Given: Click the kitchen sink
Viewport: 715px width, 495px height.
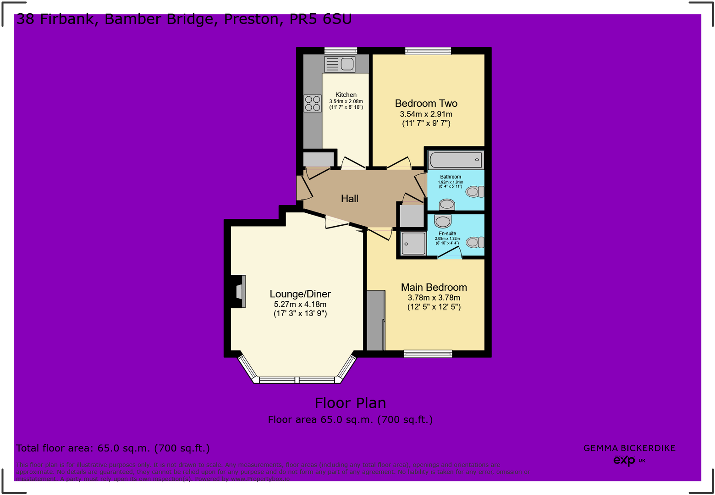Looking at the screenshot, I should coord(340,64).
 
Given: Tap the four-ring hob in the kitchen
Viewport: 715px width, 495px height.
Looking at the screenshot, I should coord(312,103).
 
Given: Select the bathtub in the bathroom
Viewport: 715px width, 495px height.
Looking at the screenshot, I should coord(455,160).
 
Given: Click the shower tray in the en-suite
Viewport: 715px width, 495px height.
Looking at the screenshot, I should coord(413,243).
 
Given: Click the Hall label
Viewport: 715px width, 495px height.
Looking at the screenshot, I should coord(349,199).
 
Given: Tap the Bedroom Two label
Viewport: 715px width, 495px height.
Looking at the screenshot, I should coord(426,104).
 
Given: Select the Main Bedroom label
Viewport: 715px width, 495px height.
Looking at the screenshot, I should coord(434,288).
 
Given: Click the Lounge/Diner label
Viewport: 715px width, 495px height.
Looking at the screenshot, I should coord(300,294).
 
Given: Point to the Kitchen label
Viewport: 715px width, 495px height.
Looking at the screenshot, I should coord(346,95).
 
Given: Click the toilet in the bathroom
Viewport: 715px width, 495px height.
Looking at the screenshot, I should coord(475,192).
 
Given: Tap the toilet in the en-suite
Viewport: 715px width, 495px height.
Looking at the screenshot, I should coord(475,242).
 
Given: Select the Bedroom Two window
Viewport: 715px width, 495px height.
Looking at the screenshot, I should coord(428,51).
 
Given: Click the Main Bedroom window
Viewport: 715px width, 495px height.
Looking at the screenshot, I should coord(428,354).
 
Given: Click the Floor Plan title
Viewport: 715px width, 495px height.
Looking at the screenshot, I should coord(350,403).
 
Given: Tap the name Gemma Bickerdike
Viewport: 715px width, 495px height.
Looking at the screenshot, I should coord(629,448).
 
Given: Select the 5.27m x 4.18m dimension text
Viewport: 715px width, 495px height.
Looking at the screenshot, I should coord(300,304).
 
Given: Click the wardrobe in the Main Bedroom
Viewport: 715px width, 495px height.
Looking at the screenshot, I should coord(375,320).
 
